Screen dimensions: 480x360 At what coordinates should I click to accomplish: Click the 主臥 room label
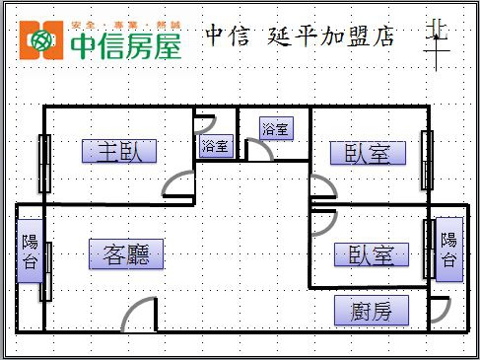[119, 152]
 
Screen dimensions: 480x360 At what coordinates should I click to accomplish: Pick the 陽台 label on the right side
[449, 250]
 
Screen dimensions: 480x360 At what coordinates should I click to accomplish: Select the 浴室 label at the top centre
[275, 128]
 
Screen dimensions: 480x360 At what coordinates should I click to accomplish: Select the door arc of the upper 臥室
[321, 188]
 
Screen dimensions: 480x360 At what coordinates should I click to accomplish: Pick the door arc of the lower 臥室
[322, 219]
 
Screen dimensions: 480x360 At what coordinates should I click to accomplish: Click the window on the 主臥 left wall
[45, 165]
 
